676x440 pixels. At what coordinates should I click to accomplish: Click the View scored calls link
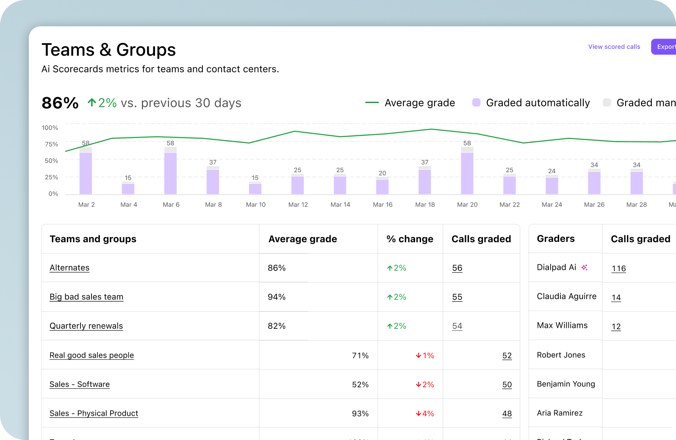click(614, 47)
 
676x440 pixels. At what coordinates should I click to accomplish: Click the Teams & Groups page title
click(108, 50)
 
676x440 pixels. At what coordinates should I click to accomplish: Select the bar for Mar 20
click(467, 172)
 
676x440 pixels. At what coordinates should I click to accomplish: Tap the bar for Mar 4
click(128, 188)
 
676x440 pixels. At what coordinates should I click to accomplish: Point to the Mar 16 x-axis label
click(382, 205)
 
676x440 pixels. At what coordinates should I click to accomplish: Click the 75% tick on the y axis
click(51, 144)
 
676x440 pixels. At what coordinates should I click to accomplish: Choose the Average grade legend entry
click(419, 103)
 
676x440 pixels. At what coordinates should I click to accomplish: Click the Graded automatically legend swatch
click(476, 103)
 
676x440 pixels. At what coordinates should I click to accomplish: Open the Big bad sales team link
click(86, 297)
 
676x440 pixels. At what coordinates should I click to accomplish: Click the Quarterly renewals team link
click(86, 326)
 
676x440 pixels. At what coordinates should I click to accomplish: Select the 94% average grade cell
click(277, 297)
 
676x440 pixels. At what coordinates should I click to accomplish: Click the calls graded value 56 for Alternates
click(457, 268)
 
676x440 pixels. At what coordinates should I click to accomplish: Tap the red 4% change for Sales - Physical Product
click(425, 414)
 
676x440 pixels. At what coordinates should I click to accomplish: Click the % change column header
click(410, 239)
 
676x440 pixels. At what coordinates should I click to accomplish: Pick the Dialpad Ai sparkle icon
click(585, 267)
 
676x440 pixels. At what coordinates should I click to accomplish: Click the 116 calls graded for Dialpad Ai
click(618, 269)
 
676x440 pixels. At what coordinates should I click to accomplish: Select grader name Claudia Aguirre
click(566, 296)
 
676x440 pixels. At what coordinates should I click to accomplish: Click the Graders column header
click(555, 238)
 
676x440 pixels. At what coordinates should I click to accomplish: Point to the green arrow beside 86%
click(91, 103)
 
